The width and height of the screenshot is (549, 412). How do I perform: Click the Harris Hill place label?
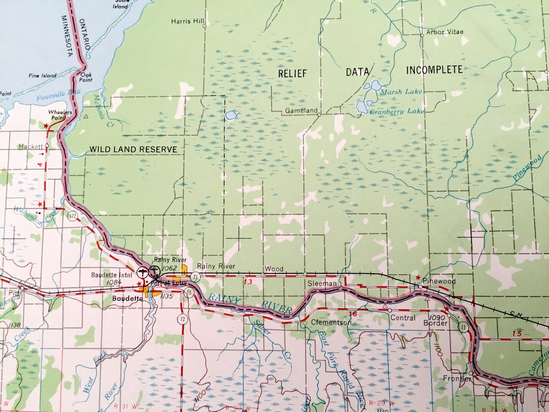[188, 21]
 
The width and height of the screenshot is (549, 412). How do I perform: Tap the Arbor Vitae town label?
[445, 32]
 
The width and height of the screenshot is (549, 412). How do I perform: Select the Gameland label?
[301, 111]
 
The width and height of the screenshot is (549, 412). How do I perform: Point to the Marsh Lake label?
[401, 92]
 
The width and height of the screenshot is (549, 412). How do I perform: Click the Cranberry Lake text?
[397, 112]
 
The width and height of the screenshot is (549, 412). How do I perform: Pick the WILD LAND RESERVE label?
[133, 150]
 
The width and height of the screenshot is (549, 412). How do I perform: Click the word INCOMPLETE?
[434, 70]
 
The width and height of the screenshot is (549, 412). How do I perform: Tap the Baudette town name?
[127, 299]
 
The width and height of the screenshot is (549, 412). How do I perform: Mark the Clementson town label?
[331, 322]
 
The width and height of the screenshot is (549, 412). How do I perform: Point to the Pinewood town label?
[440, 281]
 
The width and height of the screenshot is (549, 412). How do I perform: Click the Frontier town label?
[457, 379]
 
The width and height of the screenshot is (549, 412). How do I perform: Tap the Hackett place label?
[31, 146]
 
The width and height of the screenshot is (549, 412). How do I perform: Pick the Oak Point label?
[86, 77]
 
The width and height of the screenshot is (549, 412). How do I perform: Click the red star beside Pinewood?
[418, 278]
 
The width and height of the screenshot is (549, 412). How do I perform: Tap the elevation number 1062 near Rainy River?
[169, 268]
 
